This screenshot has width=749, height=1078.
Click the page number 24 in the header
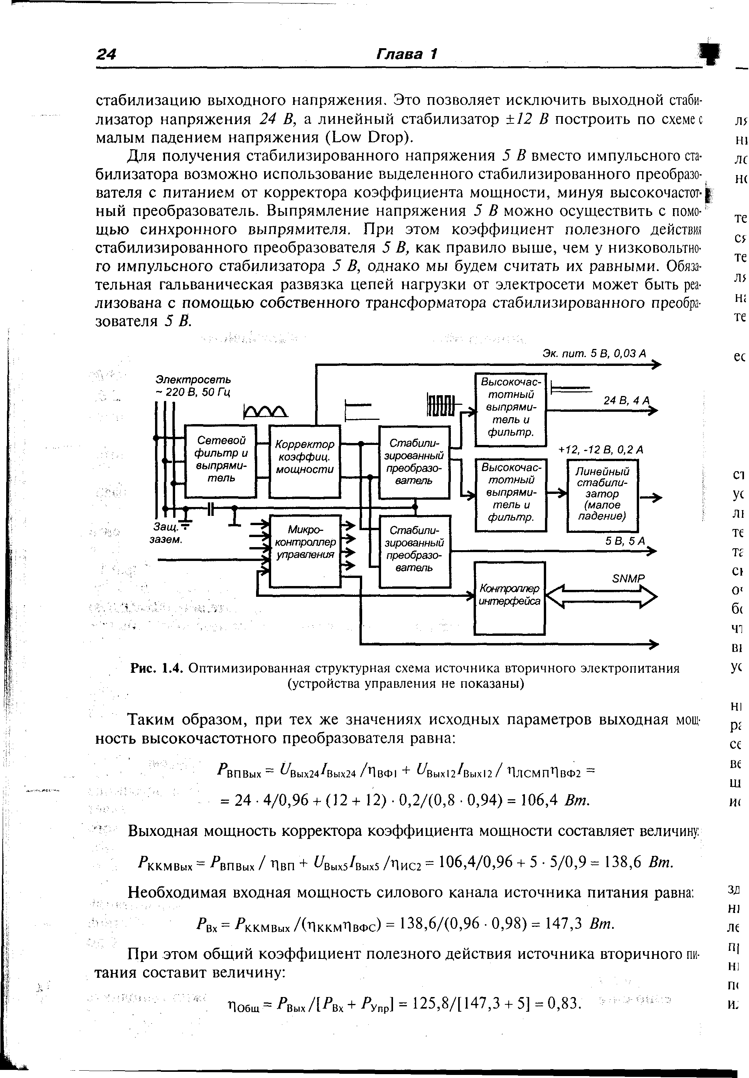point(106,54)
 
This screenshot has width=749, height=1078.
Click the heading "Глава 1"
point(407,54)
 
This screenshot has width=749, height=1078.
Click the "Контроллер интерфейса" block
point(509,598)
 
